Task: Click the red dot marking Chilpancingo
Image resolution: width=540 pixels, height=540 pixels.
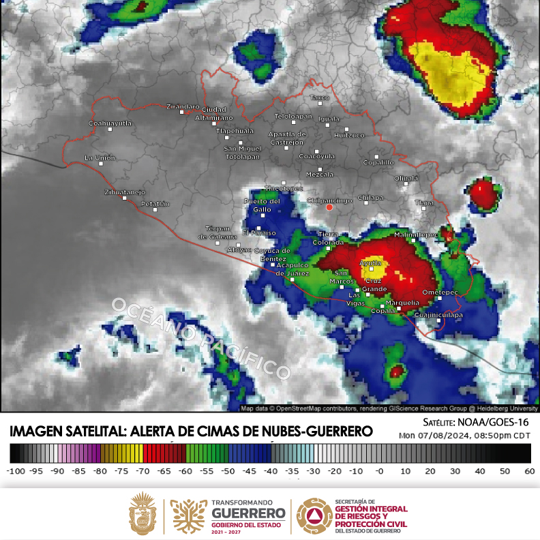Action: click(329, 207)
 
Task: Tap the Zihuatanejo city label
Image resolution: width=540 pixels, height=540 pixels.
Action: click(125, 192)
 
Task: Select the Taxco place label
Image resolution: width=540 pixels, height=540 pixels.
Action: click(319, 98)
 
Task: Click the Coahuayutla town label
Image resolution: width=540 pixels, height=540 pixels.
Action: click(110, 123)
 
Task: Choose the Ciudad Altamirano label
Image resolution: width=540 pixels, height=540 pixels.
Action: click(214, 114)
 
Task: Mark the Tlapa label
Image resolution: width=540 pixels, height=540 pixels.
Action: click(423, 202)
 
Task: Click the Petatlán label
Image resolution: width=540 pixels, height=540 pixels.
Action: click(154, 203)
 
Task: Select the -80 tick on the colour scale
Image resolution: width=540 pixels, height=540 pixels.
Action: click(100, 471)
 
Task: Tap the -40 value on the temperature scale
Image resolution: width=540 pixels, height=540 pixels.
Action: click(272, 471)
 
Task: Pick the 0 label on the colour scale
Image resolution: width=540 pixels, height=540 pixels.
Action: click(379, 471)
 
